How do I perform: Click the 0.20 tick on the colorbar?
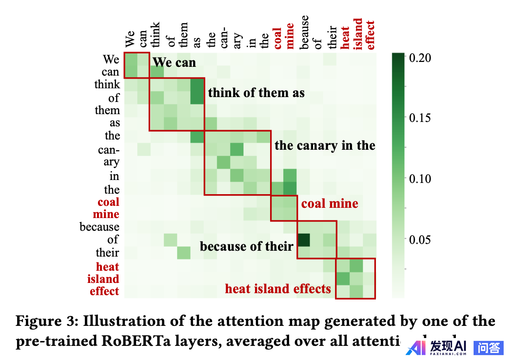420,58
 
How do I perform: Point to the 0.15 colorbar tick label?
420,118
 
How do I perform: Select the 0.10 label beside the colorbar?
420,179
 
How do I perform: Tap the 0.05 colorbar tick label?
420,239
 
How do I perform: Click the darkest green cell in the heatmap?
304,240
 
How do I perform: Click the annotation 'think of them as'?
256,93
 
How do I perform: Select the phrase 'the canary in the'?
325,145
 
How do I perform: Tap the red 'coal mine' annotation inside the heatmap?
330,203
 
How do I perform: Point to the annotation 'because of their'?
246,246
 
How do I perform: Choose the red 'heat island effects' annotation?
278,289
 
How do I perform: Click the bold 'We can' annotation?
174,62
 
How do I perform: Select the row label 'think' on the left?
107,84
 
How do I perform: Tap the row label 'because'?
99,227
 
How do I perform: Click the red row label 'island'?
103,279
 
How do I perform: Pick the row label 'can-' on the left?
109,150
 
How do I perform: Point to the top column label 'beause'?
304,32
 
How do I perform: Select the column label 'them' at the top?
183,35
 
